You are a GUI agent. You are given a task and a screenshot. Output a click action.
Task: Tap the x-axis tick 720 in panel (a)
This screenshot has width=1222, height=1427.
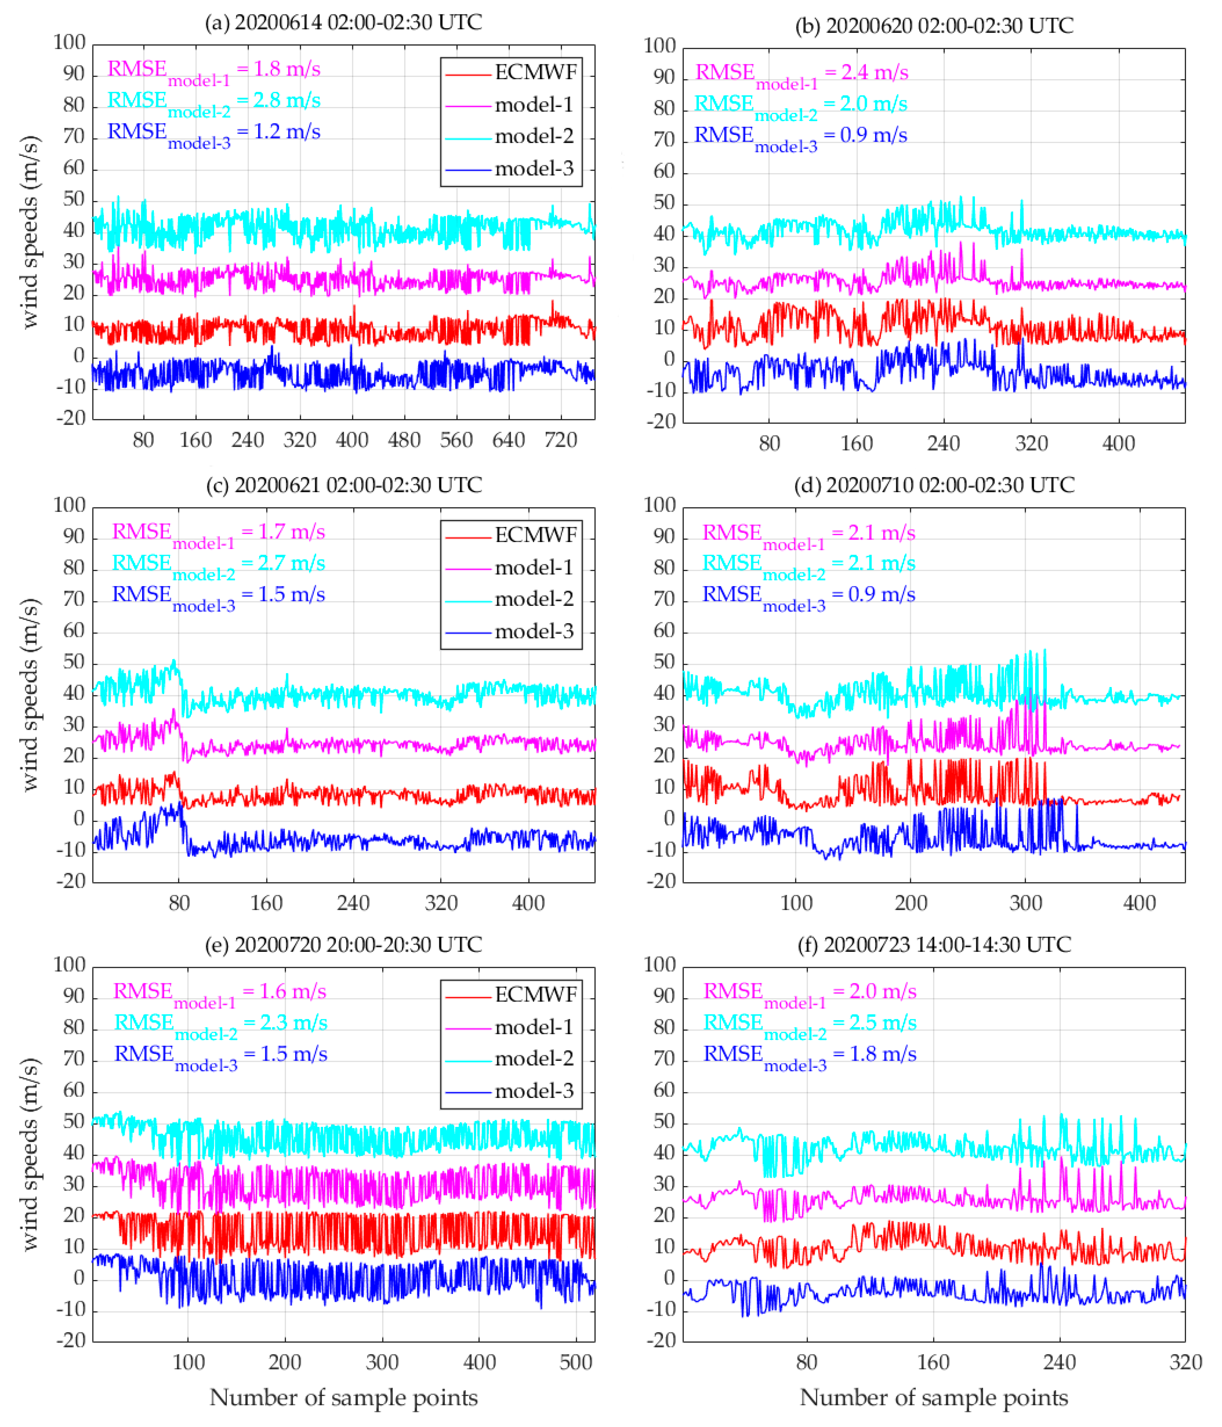(560, 440)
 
